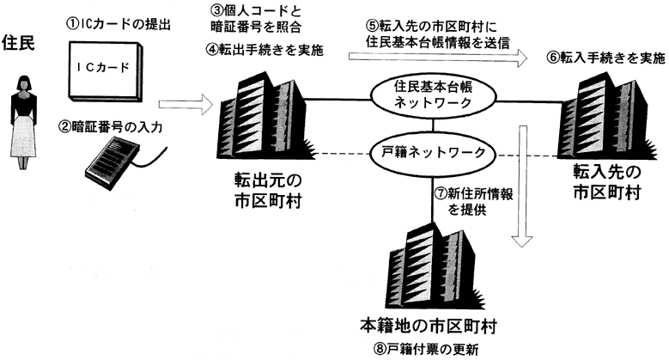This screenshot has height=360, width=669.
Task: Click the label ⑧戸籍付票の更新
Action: pos(426,348)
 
